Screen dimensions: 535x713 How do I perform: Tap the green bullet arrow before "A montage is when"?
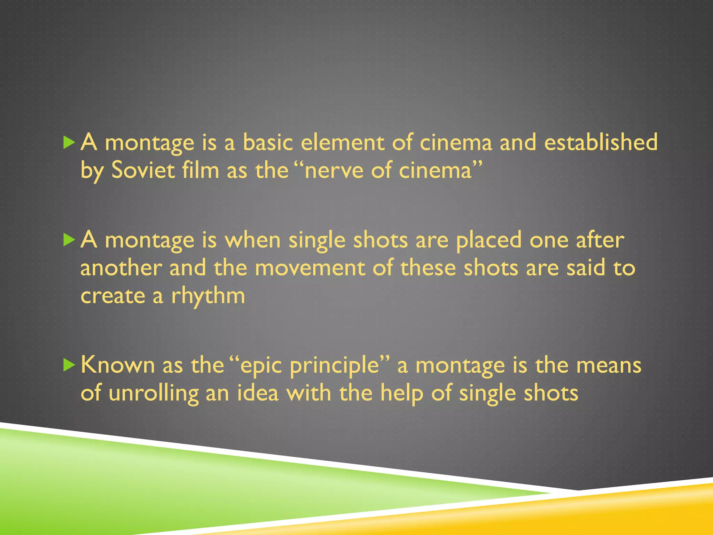pos(69,240)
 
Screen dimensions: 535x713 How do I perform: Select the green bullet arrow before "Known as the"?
pos(69,365)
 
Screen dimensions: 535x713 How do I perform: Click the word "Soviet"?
pos(143,171)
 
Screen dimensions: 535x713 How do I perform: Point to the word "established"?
pos(601,143)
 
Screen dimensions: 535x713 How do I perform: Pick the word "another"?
pos(121,269)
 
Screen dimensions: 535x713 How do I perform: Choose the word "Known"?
pos(118,365)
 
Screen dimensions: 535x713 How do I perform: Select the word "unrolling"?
pos(154,394)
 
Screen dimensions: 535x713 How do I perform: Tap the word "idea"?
pos(258,393)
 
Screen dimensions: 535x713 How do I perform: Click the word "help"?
pos(402,394)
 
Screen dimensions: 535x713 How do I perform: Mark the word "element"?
pos(342,143)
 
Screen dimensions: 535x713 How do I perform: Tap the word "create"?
pos(112,296)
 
